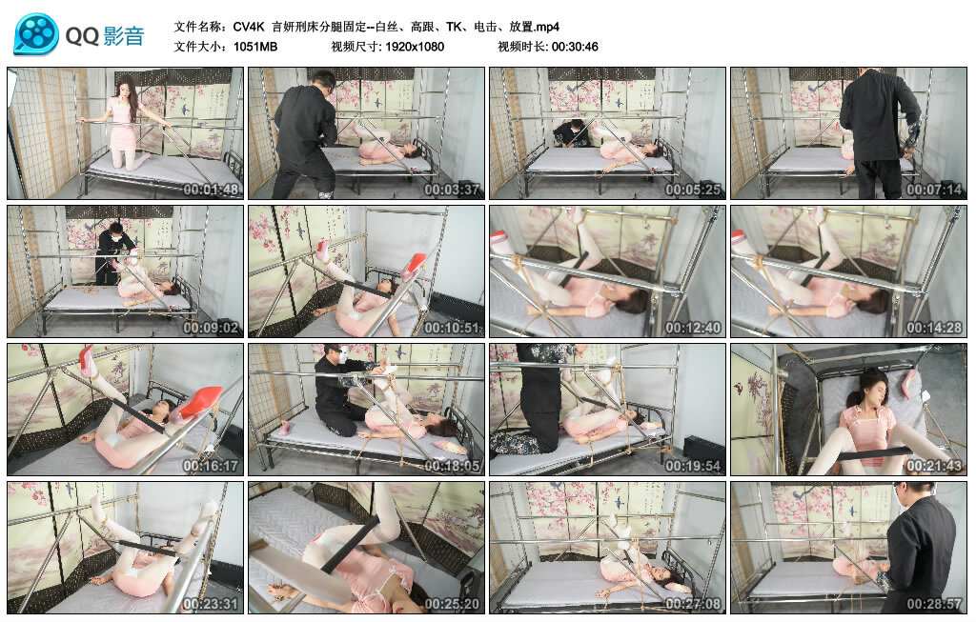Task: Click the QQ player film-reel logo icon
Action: click(36, 34)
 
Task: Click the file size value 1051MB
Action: click(255, 47)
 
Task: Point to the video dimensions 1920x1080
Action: click(415, 47)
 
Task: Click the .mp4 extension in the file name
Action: click(545, 27)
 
